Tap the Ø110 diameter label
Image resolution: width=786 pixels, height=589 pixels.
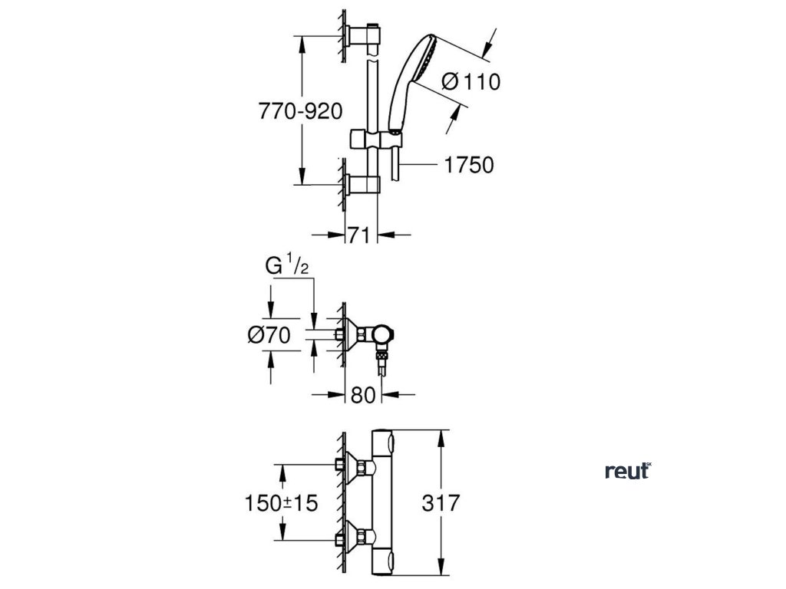pos(471,81)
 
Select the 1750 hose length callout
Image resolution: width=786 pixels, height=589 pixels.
pos(467,165)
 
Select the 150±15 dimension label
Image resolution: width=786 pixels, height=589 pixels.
pos(281,503)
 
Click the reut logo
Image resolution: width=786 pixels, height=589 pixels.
pos(627,471)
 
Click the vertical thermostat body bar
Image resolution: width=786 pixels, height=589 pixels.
pos(381,503)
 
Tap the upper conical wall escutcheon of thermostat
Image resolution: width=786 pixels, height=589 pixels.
pos(355,466)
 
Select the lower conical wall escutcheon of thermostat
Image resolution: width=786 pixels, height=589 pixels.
pos(355,532)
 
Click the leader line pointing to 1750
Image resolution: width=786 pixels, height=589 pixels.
pos(418,164)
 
